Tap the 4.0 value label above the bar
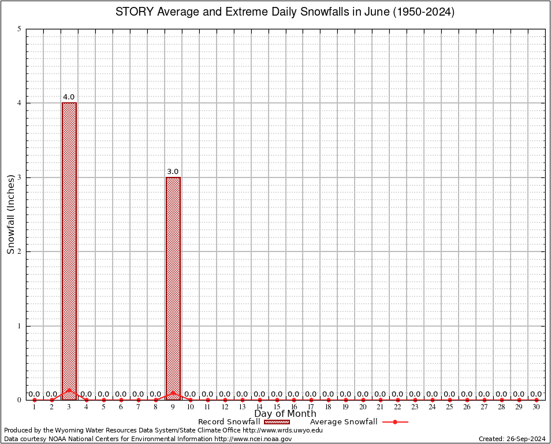click(69, 97)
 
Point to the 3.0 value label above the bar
click(173, 172)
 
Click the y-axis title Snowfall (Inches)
click(10, 214)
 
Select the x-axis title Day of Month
click(285, 413)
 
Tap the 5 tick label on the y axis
click(20, 29)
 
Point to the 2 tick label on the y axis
click(20, 251)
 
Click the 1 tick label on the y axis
click(20, 325)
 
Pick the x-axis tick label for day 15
click(277, 408)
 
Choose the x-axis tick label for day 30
click(536, 408)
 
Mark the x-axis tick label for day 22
click(397, 408)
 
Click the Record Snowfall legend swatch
click(277, 422)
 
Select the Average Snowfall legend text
click(344, 422)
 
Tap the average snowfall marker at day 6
click(121, 399)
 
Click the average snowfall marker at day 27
click(484, 399)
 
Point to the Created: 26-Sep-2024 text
click(512, 439)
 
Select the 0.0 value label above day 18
click(328, 394)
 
